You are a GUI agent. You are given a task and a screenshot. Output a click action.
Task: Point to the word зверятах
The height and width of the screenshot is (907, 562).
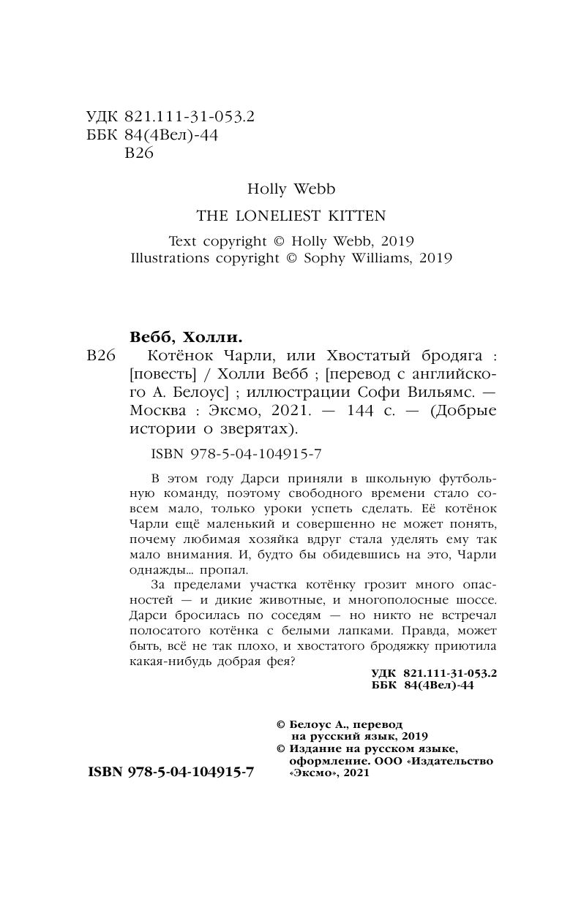coord(257,428)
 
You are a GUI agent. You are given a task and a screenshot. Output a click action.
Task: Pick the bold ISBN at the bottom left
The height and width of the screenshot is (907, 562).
coord(171,772)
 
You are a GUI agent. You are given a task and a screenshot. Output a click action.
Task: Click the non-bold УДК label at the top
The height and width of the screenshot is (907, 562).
coord(102,118)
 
